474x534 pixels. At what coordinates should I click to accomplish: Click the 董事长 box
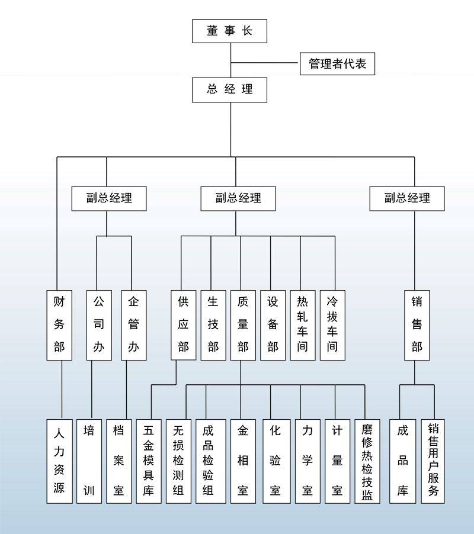point(229,31)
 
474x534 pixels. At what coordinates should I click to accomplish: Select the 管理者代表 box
point(337,63)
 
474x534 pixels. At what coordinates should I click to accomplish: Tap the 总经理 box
point(229,89)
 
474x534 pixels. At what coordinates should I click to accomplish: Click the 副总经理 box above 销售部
point(406,198)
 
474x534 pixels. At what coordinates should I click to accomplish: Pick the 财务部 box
point(59,325)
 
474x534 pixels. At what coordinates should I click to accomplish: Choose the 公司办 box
point(99,325)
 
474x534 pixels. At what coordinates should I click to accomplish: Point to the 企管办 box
point(133,325)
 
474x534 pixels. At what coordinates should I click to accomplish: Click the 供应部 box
point(183,325)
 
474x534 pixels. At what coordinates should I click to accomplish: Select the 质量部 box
point(243,325)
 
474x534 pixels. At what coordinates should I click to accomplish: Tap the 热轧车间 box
point(302,325)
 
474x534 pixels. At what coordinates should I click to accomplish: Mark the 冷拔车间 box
point(332,325)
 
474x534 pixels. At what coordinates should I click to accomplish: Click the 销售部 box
point(417,325)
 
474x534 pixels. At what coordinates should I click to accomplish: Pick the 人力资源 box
point(59,461)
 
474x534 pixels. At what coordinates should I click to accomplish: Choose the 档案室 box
point(118,461)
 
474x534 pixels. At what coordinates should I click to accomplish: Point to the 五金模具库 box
point(149,461)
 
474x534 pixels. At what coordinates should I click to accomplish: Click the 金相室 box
point(243,461)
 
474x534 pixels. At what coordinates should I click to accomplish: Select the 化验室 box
point(275,461)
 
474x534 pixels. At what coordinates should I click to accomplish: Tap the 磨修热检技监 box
point(367,461)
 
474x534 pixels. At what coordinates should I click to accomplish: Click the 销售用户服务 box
point(433,461)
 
